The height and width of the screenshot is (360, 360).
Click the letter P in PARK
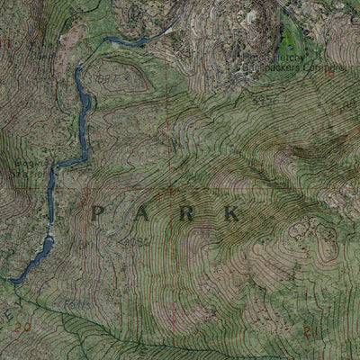(x=99, y=213)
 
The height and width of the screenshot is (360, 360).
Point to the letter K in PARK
(x=232, y=213)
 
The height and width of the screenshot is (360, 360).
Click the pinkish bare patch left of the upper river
(x=70, y=36)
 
